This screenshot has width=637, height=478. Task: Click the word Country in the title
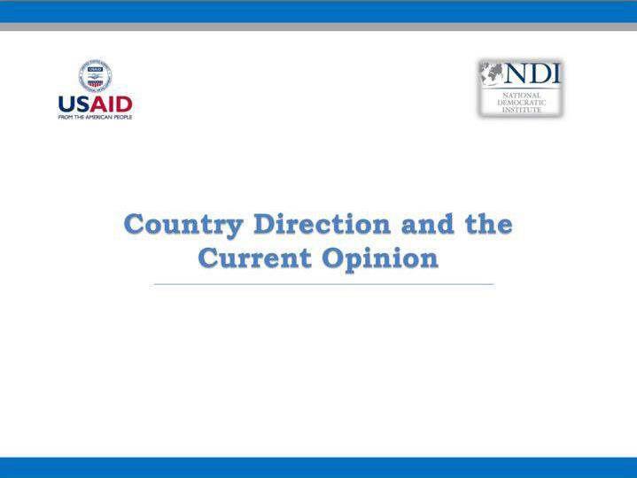(x=183, y=225)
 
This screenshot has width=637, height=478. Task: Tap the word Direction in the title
(x=322, y=224)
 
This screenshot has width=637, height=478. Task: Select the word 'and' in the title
(x=427, y=224)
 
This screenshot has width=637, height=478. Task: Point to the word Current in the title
(x=255, y=258)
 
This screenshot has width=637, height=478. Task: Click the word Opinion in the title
(x=380, y=258)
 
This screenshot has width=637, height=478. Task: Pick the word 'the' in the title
(x=489, y=224)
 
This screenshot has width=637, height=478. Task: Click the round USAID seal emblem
(x=95, y=76)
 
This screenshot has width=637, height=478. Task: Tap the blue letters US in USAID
(x=74, y=104)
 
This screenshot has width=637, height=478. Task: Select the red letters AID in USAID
(x=111, y=104)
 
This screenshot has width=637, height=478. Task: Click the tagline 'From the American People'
(x=95, y=117)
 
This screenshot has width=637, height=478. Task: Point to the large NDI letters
(x=532, y=73)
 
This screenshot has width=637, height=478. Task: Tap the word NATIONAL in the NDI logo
(x=522, y=96)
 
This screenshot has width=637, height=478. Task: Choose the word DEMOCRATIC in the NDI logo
(x=522, y=103)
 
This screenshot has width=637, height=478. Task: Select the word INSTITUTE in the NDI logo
(x=522, y=110)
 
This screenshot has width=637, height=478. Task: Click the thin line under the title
(x=323, y=284)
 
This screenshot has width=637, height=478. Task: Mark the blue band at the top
(x=319, y=12)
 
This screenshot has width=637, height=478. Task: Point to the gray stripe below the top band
(x=319, y=27)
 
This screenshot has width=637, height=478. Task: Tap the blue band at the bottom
(x=319, y=467)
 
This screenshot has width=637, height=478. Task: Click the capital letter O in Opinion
(x=333, y=258)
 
